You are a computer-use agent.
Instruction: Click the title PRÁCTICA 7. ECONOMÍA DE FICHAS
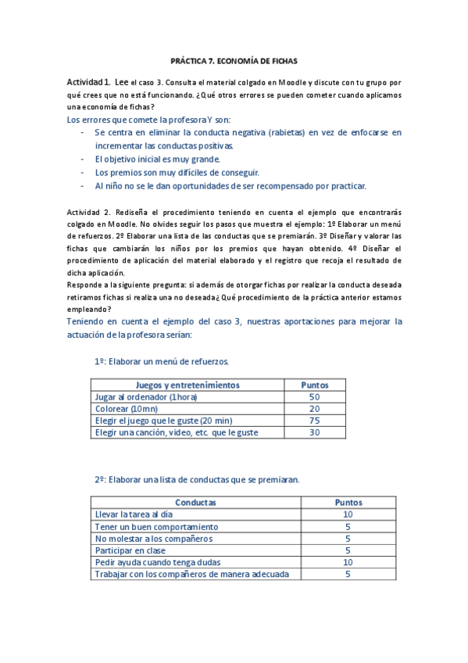234,60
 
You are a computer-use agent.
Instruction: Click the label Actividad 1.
88,82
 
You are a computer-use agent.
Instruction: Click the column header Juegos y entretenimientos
188,385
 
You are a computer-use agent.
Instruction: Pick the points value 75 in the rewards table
315,420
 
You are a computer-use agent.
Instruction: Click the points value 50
315,396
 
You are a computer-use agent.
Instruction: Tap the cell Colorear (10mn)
126,408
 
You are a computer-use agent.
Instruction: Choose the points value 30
315,432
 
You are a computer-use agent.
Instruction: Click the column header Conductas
195,502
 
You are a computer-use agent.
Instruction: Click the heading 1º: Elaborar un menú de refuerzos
162,361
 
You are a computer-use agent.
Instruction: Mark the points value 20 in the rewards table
315,408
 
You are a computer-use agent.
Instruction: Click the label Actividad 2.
87,212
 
